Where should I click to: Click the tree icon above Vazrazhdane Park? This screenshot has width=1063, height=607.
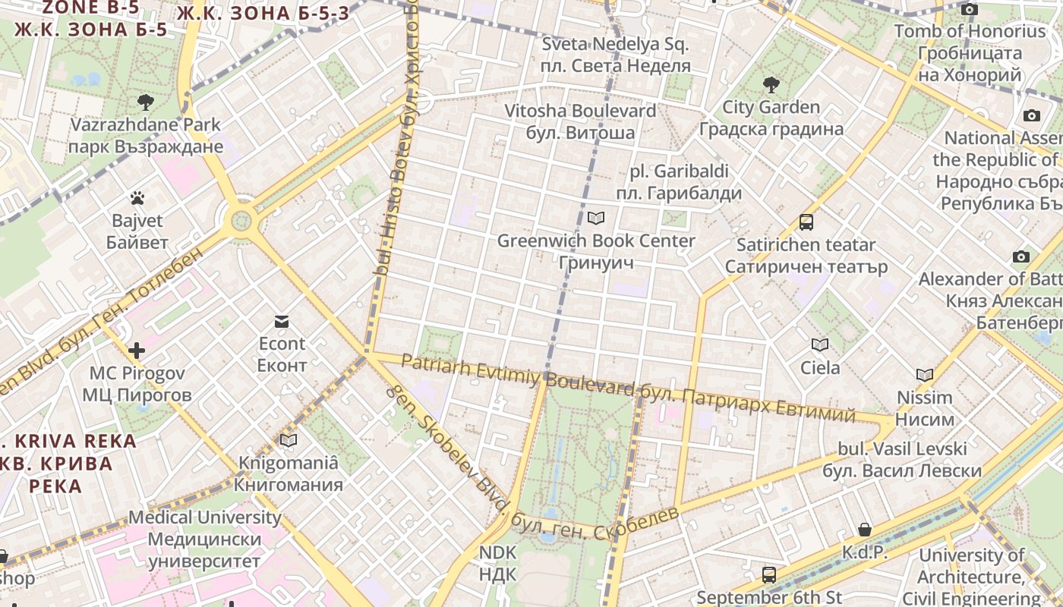145,101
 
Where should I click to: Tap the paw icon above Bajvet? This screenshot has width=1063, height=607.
137,199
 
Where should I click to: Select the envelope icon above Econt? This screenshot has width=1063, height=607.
282,322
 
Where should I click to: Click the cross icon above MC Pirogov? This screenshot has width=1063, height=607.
137,351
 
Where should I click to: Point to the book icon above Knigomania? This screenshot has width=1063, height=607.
289,440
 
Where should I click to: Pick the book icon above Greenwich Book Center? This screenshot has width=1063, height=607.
596,219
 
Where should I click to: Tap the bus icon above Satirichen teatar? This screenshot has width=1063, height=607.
806,222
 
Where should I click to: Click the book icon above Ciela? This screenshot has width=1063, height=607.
820,345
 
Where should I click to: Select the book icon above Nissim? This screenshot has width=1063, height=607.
924,375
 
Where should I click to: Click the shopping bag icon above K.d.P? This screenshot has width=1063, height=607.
864,530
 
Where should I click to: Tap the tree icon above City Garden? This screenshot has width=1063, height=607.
771,84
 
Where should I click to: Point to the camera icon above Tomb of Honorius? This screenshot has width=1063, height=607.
970,10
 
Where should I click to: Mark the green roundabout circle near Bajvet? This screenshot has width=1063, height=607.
241,221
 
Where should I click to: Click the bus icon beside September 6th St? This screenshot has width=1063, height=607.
769,574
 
